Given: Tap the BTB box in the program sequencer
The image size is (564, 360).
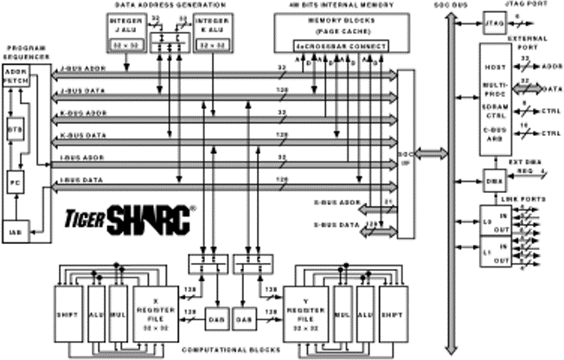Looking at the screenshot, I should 15,127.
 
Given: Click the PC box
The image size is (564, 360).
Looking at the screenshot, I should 15,183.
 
